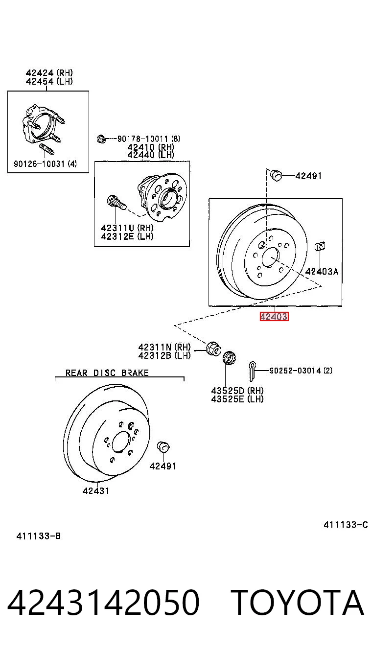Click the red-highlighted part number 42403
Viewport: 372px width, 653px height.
pos(274,316)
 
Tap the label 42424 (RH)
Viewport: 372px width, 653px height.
pos(49,72)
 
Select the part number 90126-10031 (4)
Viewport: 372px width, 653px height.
pos(45,163)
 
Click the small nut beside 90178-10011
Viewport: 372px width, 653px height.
pos(101,139)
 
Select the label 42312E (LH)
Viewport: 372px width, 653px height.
pos(127,236)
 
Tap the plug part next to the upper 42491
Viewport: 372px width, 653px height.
pos(276,175)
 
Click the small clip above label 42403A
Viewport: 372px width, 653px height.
pos(320,246)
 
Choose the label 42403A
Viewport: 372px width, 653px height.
pos(322,272)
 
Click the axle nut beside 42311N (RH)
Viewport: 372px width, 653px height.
pos(213,349)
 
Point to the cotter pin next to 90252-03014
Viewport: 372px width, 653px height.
pos(252,371)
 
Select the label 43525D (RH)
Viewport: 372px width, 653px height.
pos(237,390)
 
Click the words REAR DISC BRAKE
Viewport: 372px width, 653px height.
pos(107,373)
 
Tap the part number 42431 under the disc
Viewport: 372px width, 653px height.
pos(96,490)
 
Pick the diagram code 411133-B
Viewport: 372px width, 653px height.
pos(39,536)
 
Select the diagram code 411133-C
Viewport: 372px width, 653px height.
pos(346,525)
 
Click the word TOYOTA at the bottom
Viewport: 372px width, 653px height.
pos(298,603)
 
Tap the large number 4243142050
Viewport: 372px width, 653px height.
pos(103,603)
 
